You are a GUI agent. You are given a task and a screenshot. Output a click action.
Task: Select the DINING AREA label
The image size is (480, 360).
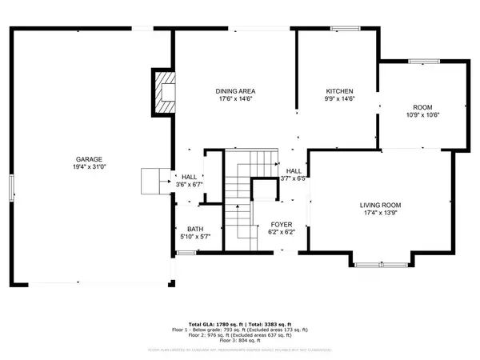click(x=234, y=91)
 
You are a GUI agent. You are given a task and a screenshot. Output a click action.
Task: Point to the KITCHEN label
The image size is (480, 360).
click(x=339, y=91)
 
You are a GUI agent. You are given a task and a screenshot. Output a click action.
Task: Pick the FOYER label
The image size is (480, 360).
click(x=281, y=224)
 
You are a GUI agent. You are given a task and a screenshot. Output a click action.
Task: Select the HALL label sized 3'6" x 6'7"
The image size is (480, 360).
click(x=189, y=178)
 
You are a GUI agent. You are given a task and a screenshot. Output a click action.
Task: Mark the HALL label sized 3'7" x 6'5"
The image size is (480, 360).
click(x=294, y=171)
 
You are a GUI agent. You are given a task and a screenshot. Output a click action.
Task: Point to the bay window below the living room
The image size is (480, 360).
click(x=380, y=264)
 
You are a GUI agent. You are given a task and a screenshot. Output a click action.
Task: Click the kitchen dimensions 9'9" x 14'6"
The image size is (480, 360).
click(x=339, y=99)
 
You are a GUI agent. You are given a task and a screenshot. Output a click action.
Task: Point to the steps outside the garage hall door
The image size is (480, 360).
click(x=152, y=181)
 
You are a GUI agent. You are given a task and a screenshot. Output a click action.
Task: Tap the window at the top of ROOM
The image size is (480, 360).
click(x=421, y=61)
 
